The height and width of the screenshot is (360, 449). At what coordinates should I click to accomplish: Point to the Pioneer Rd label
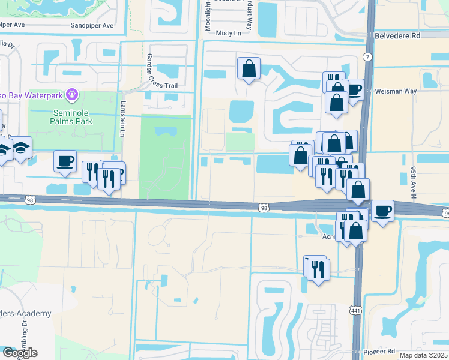point(379,351)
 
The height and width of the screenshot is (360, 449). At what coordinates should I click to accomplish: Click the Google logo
point(20,353)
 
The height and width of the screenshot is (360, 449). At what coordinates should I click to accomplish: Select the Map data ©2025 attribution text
point(424,355)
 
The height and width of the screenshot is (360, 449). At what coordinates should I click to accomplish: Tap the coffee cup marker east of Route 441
point(382,211)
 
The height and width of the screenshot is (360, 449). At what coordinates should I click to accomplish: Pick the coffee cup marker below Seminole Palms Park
point(65,161)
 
